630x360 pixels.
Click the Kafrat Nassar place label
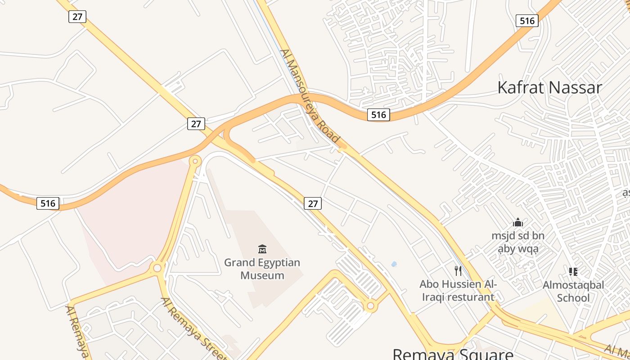click(x=549, y=87)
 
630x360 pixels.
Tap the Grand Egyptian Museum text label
click(x=262, y=269)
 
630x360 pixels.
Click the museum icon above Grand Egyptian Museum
click(x=262, y=249)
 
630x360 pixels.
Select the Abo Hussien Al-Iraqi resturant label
click(x=458, y=290)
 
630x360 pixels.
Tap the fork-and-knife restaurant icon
click(x=458, y=270)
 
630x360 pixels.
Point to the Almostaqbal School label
click(x=573, y=291)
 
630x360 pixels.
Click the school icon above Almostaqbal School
click(x=573, y=271)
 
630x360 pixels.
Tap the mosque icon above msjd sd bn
click(x=518, y=222)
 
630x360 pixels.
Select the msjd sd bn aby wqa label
click(x=518, y=242)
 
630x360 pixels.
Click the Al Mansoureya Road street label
click(x=309, y=96)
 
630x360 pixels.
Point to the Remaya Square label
click(x=453, y=354)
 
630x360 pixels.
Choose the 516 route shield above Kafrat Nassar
click(x=527, y=21)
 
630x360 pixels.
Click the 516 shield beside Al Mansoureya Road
click(x=378, y=115)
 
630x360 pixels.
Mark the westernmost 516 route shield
click(x=48, y=203)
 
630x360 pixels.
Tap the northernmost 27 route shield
click(x=77, y=17)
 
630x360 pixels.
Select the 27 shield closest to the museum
click(x=313, y=204)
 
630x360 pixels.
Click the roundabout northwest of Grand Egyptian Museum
click(x=195, y=161)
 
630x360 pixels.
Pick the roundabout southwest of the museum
click(x=157, y=268)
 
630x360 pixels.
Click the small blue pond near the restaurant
click(x=394, y=264)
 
